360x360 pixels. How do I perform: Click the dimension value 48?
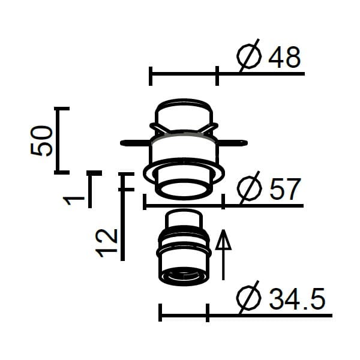click(284, 58)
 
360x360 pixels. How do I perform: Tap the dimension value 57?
click(284, 189)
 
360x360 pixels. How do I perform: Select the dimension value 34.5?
click(297, 299)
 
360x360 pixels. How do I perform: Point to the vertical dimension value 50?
click(41, 141)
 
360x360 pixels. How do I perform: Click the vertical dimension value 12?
click(106, 243)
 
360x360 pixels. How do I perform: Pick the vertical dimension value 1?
click(74, 200)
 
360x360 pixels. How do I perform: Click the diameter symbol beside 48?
click(249, 56)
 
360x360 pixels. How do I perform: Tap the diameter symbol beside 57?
click(250, 188)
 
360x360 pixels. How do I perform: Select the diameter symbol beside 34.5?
click(249, 298)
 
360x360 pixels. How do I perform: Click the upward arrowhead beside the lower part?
click(223, 239)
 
